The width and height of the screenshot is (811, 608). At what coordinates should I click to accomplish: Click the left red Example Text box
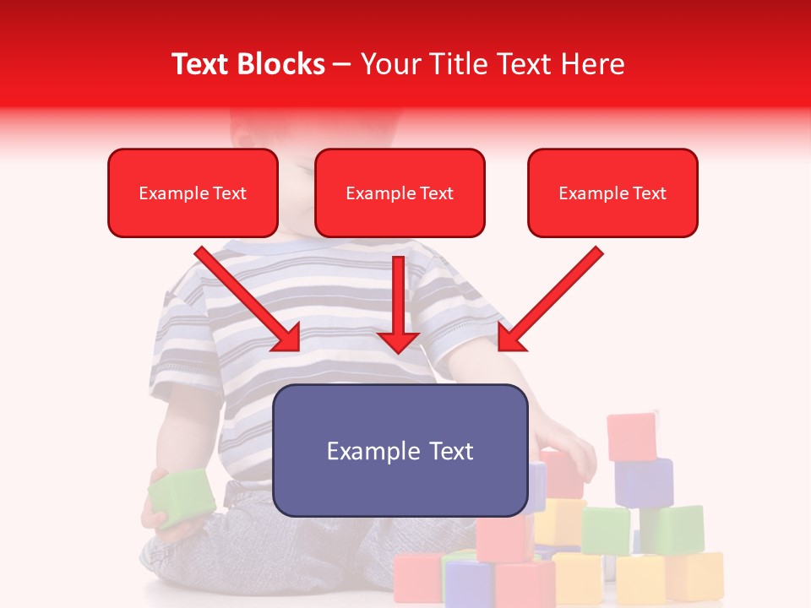click(x=193, y=193)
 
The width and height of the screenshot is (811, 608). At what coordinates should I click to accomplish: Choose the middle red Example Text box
click(x=400, y=193)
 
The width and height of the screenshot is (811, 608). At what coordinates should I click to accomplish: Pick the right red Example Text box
click(x=612, y=193)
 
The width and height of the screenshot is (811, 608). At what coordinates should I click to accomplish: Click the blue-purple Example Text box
click(x=400, y=450)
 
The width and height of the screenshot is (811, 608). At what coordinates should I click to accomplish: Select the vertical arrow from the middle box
click(x=398, y=304)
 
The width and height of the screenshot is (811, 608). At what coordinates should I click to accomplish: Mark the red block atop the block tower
click(x=632, y=437)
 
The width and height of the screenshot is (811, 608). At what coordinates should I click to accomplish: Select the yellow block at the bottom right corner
click(x=694, y=575)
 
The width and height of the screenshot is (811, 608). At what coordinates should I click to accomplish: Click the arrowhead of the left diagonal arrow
click(x=286, y=337)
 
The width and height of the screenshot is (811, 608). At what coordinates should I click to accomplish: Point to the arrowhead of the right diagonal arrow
click(x=510, y=337)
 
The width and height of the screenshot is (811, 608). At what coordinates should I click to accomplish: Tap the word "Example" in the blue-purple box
click(x=373, y=451)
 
